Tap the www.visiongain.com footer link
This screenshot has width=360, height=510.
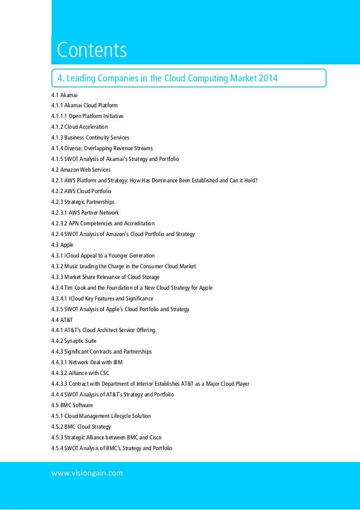87,473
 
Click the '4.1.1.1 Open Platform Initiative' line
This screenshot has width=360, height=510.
87,116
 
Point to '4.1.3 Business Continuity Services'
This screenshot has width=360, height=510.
90,137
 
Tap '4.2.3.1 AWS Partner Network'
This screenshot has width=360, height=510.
85,212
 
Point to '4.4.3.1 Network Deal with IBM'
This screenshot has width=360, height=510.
86,362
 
